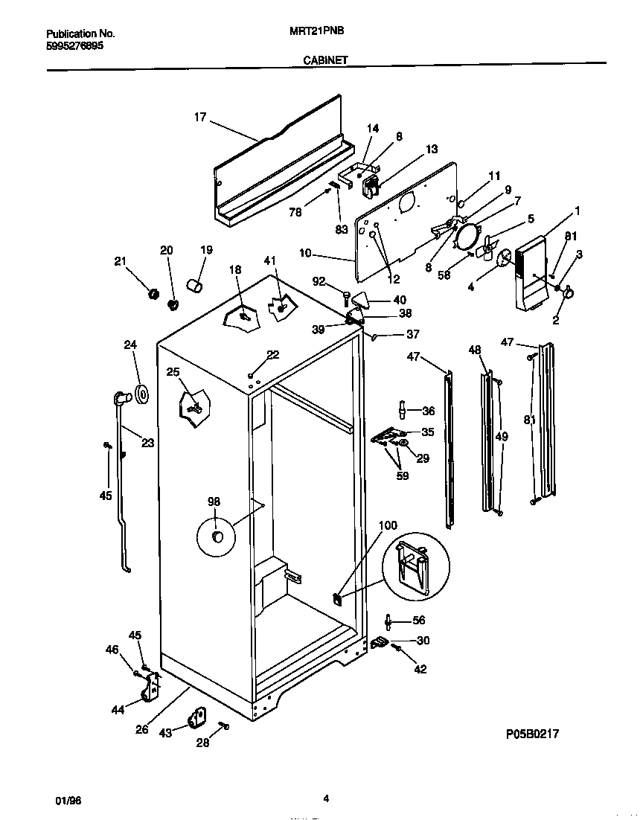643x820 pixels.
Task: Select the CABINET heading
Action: coord(325,63)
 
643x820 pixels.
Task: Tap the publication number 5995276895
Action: coord(75,45)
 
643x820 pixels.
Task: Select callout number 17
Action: coord(199,117)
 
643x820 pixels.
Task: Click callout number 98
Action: coord(214,502)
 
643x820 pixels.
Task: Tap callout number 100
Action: coord(388,525)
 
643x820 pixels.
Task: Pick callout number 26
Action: coord(142,729)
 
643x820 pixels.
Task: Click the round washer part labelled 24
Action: coord(142,394)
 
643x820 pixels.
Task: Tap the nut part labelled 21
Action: coord(154,293)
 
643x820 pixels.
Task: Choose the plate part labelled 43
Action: coord(196,718)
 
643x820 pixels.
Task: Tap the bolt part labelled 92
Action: coord(347,298)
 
